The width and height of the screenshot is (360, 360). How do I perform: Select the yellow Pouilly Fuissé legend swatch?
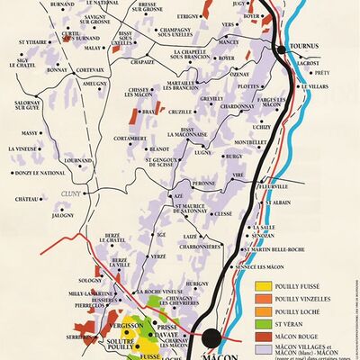263,286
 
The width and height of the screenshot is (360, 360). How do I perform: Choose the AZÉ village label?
176,195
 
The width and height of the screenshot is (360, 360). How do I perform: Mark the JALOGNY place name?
63,216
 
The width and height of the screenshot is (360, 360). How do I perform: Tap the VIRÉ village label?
238,175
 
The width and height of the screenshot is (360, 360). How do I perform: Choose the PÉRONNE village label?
203,183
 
